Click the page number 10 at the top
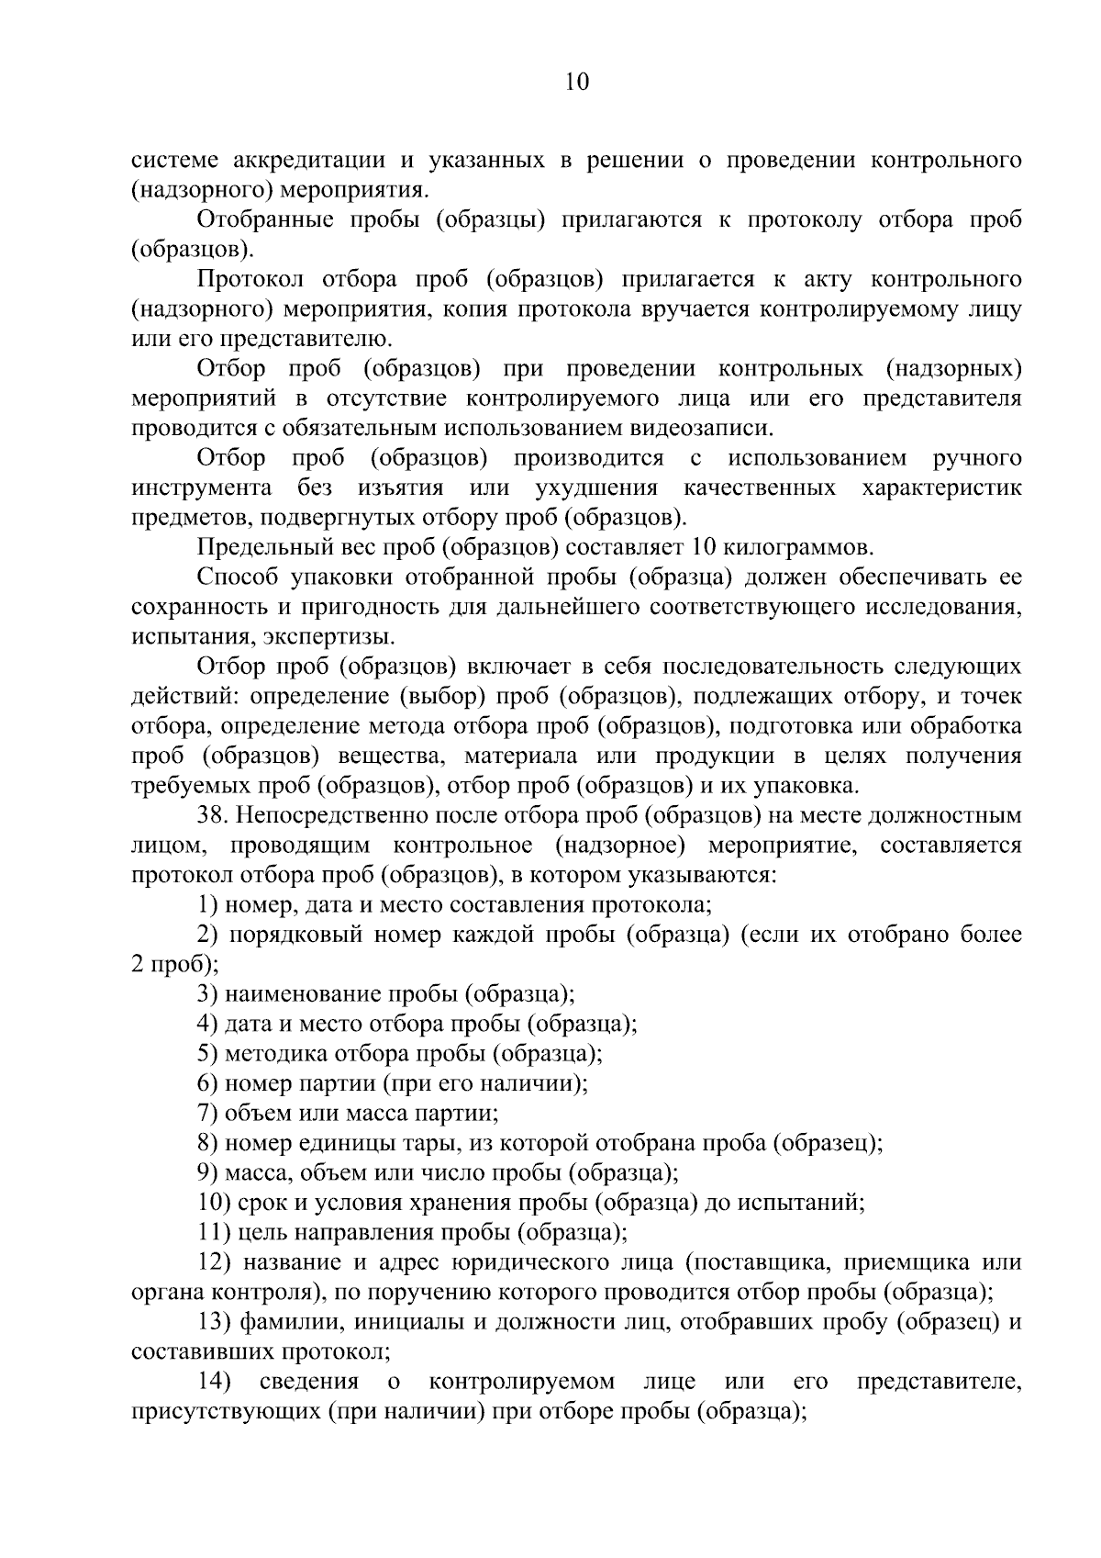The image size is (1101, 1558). point(576,83)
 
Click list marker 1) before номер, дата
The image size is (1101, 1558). point(207,904)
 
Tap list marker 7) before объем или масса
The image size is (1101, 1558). point(207,1113)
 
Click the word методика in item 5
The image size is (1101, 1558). point(270,1053)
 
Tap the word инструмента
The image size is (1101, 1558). point(201,487)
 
